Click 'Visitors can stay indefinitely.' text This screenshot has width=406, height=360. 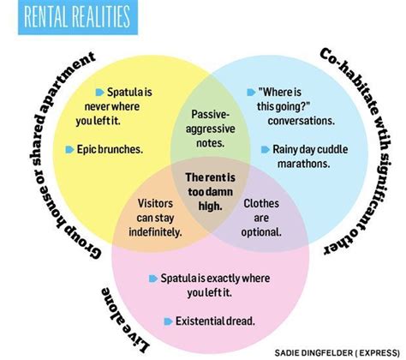[x=155, y=218]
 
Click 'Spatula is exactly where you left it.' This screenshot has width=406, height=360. [x=215, y=285]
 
